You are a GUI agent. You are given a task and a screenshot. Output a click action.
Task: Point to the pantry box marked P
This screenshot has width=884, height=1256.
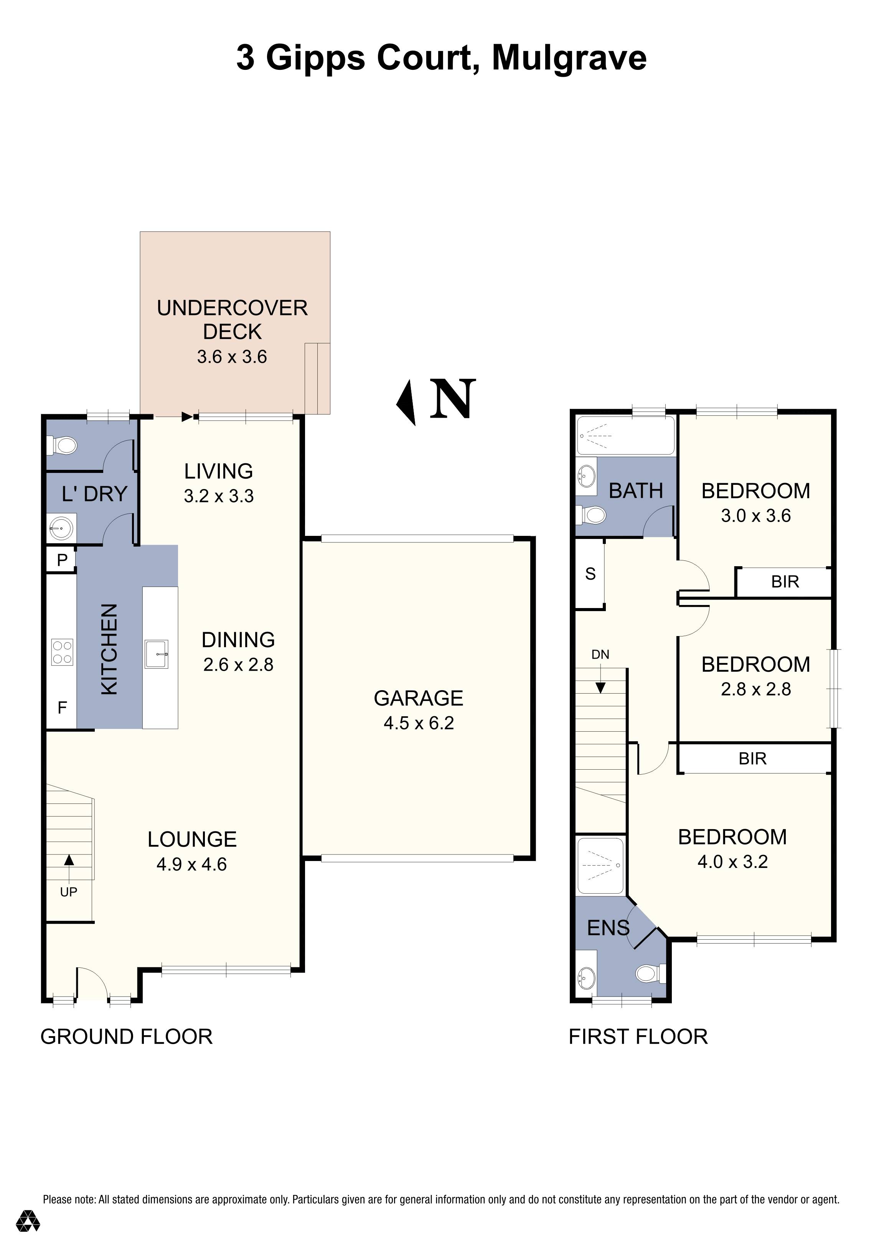click(61, 560)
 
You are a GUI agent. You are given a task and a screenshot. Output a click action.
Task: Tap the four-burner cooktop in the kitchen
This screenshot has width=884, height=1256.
click(62, 652)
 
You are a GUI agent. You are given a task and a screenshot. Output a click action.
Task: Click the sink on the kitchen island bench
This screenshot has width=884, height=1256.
click(157, 654)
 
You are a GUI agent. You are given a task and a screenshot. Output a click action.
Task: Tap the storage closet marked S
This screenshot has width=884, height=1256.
click(590, 574)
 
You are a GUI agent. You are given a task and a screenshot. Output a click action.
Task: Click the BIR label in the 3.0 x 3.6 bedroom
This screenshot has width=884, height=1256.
click(785, 582)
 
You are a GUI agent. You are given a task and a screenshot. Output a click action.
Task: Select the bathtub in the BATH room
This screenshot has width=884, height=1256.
click(626, 435)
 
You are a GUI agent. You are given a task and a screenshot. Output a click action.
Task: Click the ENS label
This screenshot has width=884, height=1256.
click(608, 928)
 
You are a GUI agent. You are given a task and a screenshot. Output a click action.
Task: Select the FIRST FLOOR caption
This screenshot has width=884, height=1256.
click(638, 1037)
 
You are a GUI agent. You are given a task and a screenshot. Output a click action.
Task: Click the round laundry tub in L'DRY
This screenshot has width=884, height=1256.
click(61, 529)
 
